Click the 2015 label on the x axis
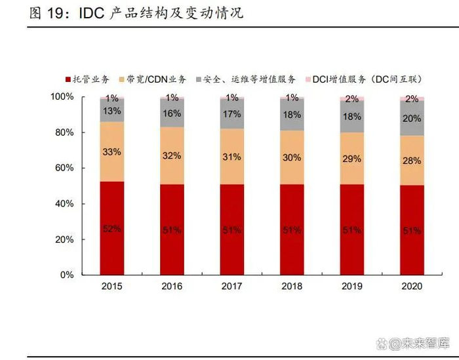[111, 287]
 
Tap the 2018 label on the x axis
[292, 287]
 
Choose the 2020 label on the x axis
[412, 287]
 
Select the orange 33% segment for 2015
[111, 151]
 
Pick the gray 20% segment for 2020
[412, 119]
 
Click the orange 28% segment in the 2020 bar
[412, 161]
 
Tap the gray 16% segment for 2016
[172, 113]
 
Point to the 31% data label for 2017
[231, 157]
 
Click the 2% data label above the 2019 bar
[352, 99]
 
